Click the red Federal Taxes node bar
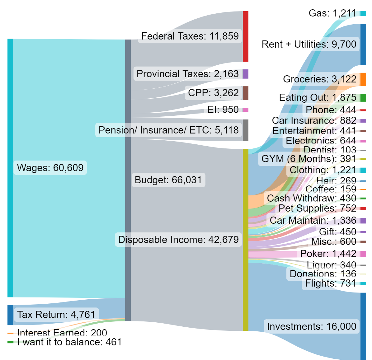pos(245,36)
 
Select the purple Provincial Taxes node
pos(245,74)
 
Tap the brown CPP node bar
pos(245,93)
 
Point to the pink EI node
pos(245,110)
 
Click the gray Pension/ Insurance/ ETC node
pos(245,130)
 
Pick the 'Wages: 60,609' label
pos(50,168)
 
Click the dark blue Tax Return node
pos(10,315)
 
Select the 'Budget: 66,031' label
pos(168,180)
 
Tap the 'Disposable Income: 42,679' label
pos(178,240)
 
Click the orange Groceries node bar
pos(363,79)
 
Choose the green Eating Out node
pos(363,98)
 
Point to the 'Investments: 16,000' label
pos(312,326)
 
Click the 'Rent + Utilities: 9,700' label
pos(309,44)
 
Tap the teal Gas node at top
pos(363,14)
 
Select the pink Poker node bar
pos(363,254)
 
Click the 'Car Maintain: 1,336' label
pos(313,220)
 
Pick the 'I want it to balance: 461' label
pos(69,342)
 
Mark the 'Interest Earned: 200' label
pos(62,333)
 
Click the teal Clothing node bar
pos(363,170)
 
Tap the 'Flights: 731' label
pos(330,283)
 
